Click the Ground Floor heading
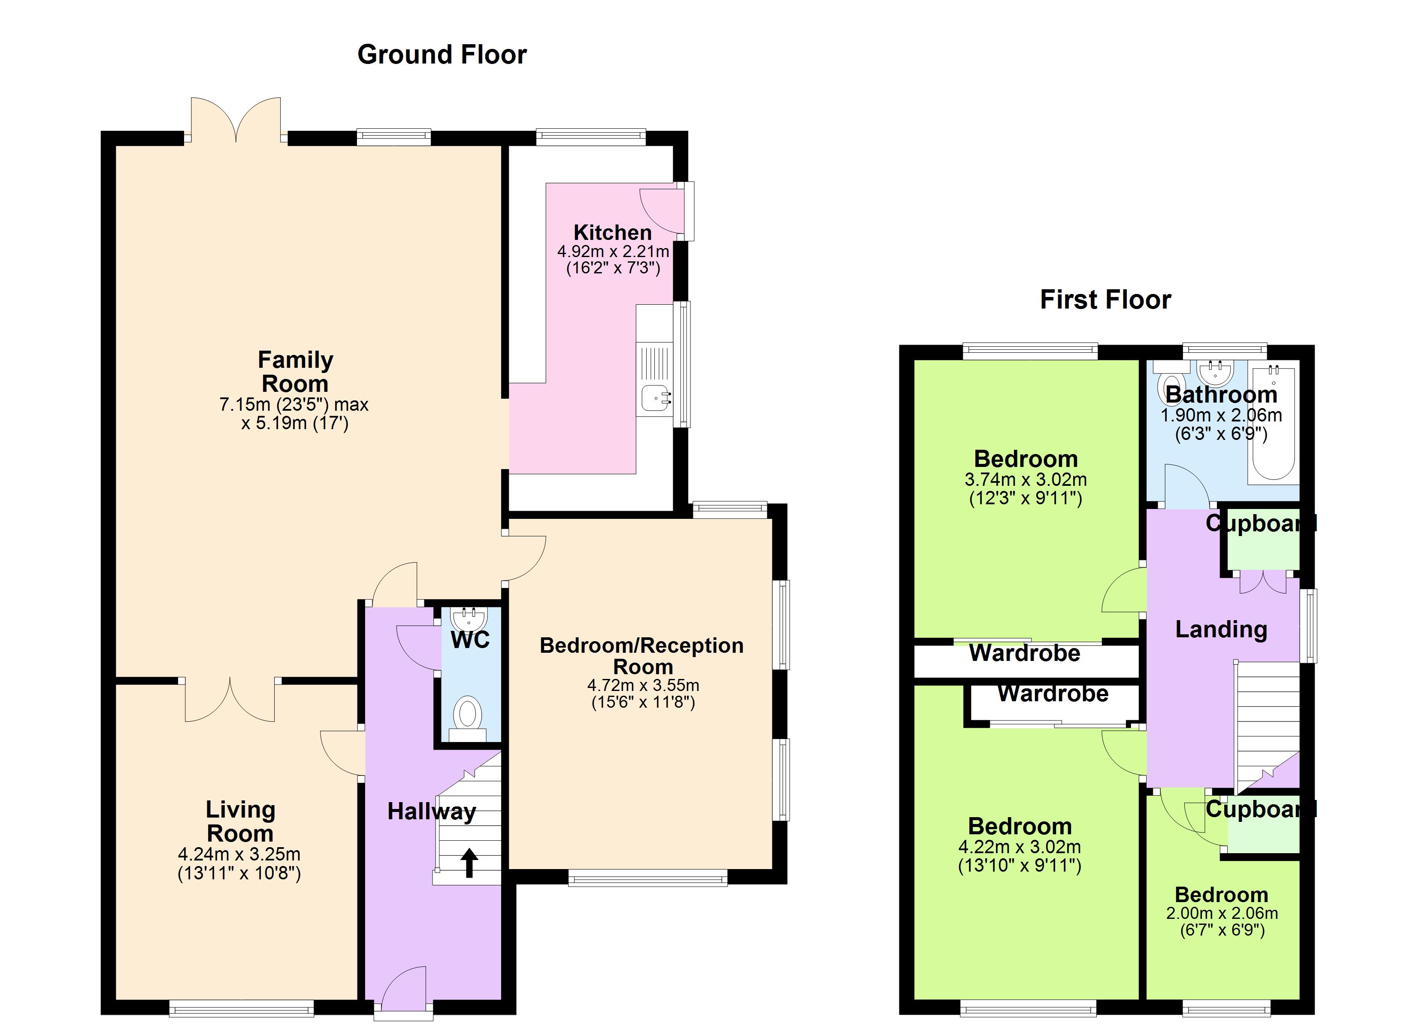pyautogui.click(x=442, y=55)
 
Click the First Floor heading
pyautogui.click(x=1105, y=300)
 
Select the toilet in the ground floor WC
pyautogui.click(x=467, y=715)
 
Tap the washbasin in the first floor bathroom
pyautogui.click(x=1214, y=373)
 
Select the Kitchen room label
pyautogui.click(x=612, y=233)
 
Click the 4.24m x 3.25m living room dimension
pyautogui.click(x=239, y=854)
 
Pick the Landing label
pyautogui.click(x=1221, y=629)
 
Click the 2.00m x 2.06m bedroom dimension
pyautogui.click(x=1222, y=913)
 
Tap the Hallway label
pyautogui.click(x=431, y=812)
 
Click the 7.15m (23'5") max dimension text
pyautogui.click(x=294, y=405)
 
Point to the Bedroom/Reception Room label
pyautogui.click(x=642, y=656)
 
